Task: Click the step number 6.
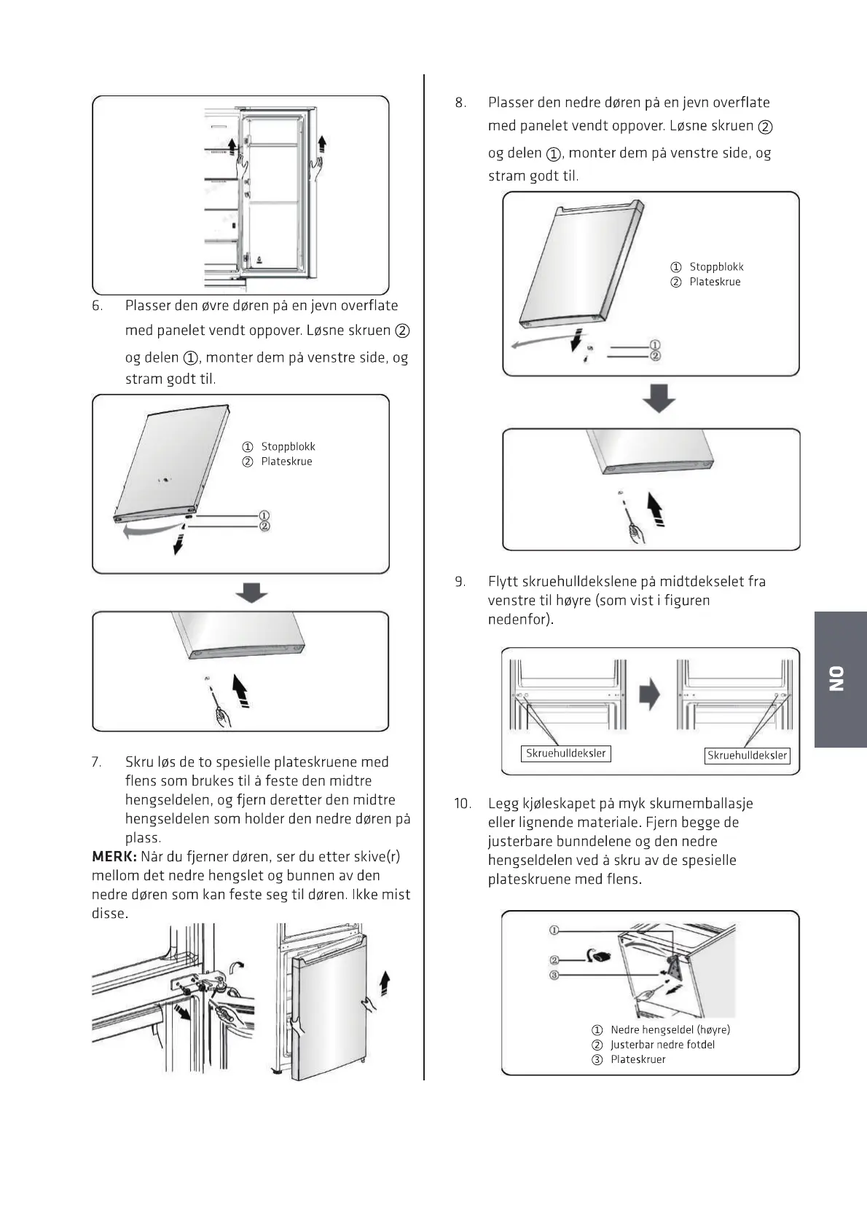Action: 97,306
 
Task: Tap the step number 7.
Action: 96,762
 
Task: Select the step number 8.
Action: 460,103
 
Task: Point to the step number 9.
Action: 460,582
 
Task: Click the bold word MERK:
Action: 114,856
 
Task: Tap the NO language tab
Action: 839,679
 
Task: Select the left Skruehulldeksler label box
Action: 566,754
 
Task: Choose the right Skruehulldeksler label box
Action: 747,756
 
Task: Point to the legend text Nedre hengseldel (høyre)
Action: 670,1029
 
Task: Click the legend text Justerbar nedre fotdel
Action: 662,1045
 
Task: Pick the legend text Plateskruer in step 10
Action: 638,1059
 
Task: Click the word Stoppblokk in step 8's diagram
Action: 716,267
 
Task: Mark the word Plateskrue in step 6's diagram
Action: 286,462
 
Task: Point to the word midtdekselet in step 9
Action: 702,582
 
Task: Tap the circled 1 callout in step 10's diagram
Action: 554,930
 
